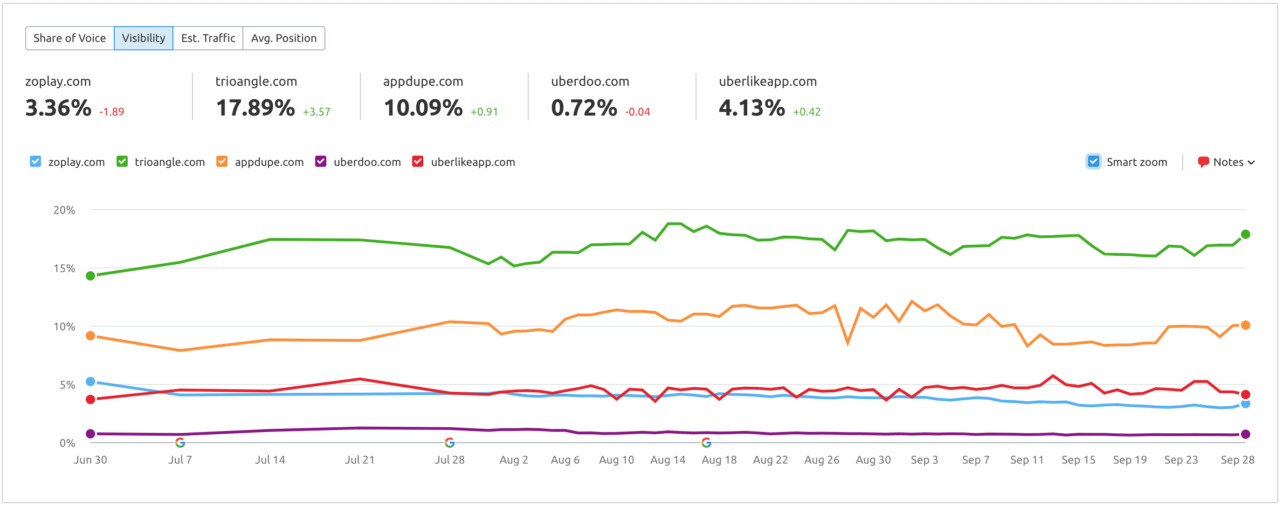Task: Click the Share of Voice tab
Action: click(69, 38)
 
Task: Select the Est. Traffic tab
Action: click(208, 38)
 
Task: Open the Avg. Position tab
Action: click(284, 38)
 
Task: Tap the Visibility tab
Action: click(143, 38)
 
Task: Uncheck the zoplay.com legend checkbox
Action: click(35, 162)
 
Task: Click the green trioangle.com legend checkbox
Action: click(122, 162)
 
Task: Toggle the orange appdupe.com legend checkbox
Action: click(222, 162)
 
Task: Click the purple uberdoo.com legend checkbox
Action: click(321, 162)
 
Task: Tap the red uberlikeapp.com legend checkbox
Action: click(418, 162)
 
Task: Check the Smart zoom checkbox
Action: click(1093, 162)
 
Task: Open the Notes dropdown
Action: click(1227, 162)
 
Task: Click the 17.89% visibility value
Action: click(255, 108)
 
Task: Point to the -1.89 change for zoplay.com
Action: click(111, 112)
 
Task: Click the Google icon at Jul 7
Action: click(180, 442)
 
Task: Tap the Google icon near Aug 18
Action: click(706, 442)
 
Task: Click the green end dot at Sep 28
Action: click(1246, 234)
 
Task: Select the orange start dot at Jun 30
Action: click(90, 336)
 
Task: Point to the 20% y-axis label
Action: click(64, 210)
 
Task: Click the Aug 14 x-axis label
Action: click(668, 460)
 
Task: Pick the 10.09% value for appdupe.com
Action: click(423, 108)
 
